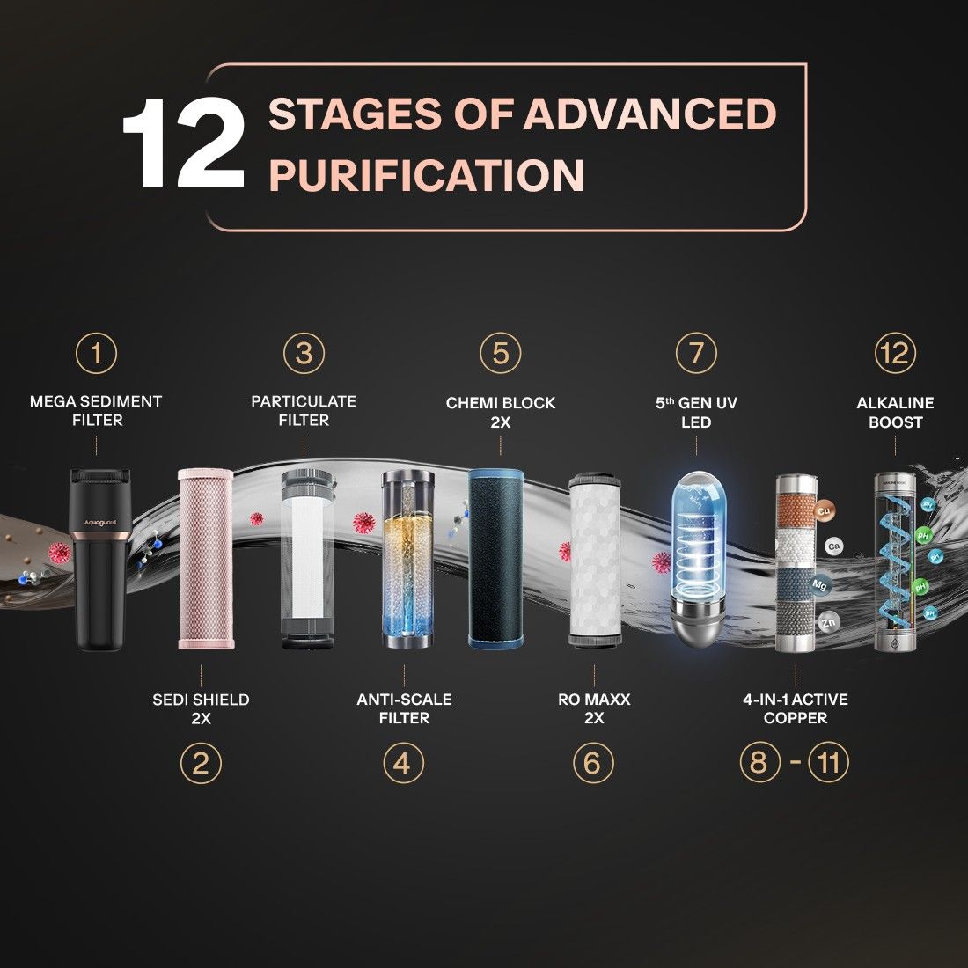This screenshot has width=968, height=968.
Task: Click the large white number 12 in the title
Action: click(x=184, y=143)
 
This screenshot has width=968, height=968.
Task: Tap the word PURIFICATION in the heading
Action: click(x=427, y=175)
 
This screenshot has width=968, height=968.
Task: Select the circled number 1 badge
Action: click(x=96, y=353)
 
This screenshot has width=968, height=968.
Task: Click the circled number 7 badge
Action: click(x=696, y=353)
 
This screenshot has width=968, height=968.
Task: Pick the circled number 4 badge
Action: click(x=404, y=763)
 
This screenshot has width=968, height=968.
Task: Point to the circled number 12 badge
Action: click(x=895, y=353)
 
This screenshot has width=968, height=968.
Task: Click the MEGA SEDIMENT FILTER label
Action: click(x=96, y=411)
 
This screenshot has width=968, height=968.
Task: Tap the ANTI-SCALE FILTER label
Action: click(x=405, y=708)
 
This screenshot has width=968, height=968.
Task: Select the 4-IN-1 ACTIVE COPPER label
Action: click(x=796, y=708)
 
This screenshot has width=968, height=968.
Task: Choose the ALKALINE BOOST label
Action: click(x=895, y=413)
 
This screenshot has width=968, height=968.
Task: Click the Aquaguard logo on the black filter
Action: click(x=100, y=524)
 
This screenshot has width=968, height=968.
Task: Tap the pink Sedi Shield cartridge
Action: click(x=206, y=559)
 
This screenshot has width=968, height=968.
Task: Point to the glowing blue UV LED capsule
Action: click(x=698, y=559)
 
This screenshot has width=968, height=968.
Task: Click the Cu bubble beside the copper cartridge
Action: click(x=824, y=511)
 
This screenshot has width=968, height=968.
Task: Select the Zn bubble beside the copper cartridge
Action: click(x=828, y=621)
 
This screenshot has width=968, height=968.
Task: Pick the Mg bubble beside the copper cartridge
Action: click(x=819, y=584)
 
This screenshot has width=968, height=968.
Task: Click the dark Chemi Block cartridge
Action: click(x=495, y=559)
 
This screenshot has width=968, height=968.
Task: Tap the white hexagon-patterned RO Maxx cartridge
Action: click(x=594, y=560)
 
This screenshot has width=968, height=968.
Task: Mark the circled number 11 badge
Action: click(x=828, y=762)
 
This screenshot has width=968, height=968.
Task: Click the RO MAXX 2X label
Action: click(x=594, y=708)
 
